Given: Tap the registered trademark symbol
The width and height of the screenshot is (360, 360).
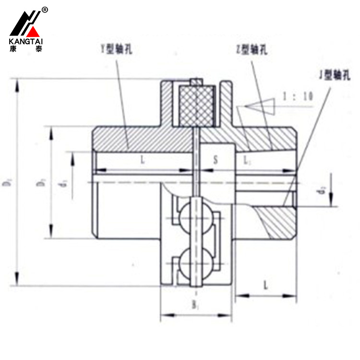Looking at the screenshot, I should (45, 10).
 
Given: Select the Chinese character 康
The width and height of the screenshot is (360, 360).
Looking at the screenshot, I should (13, 49).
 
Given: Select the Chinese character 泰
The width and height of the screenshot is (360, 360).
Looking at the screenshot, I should (38, 49).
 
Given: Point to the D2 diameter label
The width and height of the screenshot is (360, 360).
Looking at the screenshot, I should (10, 182).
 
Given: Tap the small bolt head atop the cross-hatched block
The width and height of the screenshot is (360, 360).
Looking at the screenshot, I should (195, 83).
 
